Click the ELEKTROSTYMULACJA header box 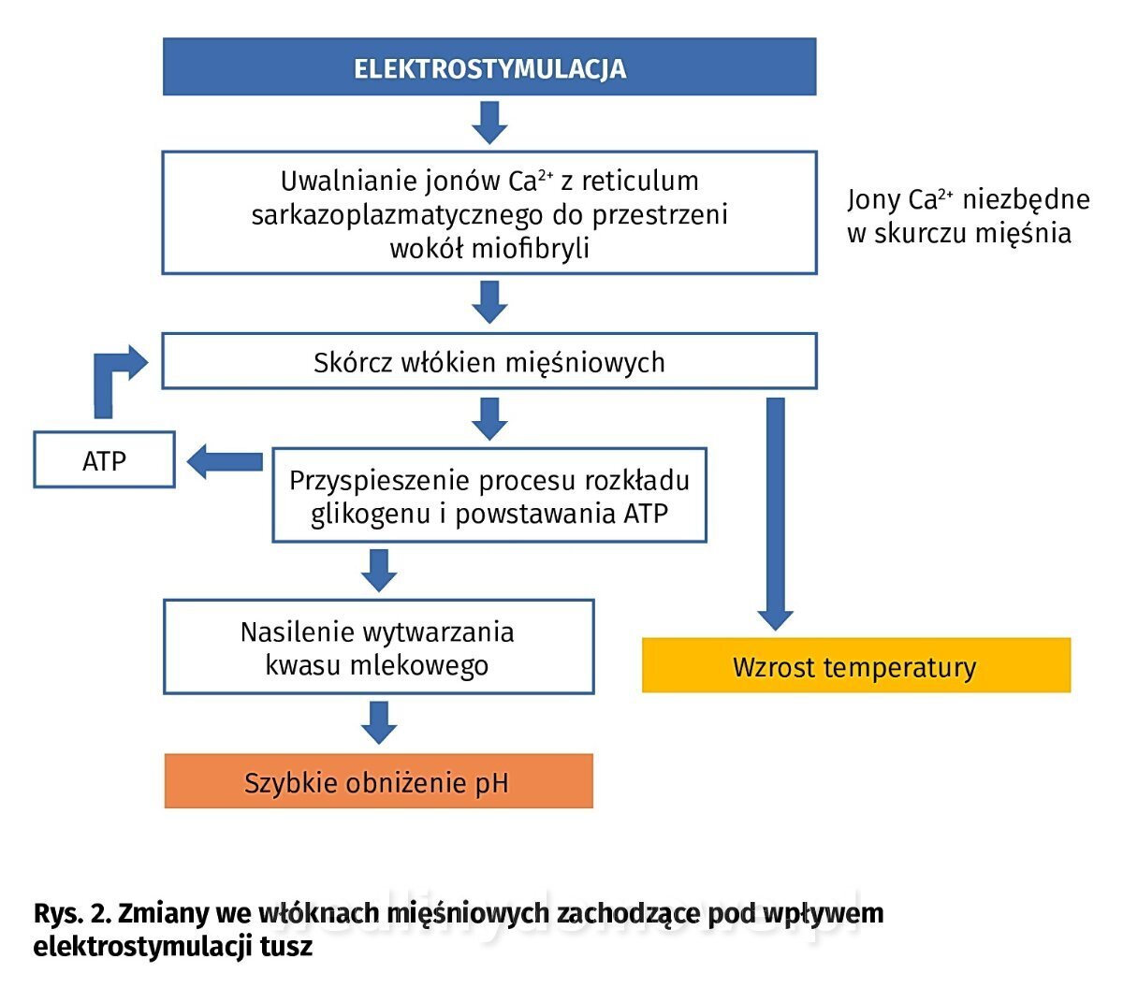489,67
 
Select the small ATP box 104,460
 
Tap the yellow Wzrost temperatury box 855,666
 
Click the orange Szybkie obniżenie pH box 378,781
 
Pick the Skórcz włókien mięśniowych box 489,361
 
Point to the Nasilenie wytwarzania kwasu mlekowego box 378,647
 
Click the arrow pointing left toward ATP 225,461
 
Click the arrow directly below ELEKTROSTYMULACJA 489,122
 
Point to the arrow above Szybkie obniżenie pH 378,721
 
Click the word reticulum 640,181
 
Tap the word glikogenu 371,514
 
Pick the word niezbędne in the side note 1027,199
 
